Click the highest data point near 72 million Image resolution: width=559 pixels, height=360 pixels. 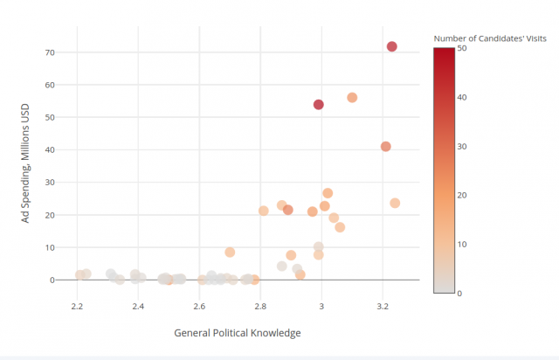(392, 46)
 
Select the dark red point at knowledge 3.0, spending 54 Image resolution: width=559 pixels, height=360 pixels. (319, 105)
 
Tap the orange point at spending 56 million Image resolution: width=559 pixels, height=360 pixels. (352, 98)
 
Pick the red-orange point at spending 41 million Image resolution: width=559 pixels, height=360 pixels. (386, 147)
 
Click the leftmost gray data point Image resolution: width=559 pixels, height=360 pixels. (79, 275)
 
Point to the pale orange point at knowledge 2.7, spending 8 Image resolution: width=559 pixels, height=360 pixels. (230, 253)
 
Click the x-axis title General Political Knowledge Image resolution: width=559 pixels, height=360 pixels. (237, 333)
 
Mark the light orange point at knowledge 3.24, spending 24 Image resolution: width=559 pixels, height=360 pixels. (395, 203)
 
